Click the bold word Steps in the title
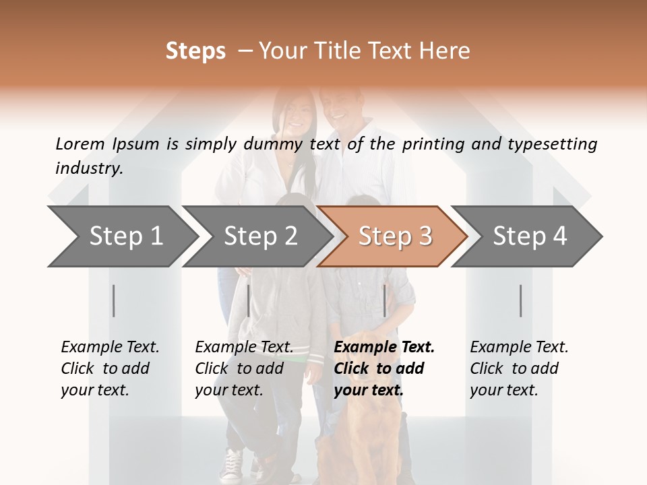click(195, 51)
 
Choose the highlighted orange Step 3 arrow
click(394, 236)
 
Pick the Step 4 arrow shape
click(530, 236)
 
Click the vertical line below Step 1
click(114, 300)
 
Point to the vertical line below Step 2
click(249, 300)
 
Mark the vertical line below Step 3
click(385, 300)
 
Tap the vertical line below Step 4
click(521, 300)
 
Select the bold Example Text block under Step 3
click(384, 368)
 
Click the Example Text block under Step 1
click(110, 368)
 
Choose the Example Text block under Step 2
click(244, 368)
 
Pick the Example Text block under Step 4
click(519, 368)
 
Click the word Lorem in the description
click(80, 143)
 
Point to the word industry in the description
click(89, 168)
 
